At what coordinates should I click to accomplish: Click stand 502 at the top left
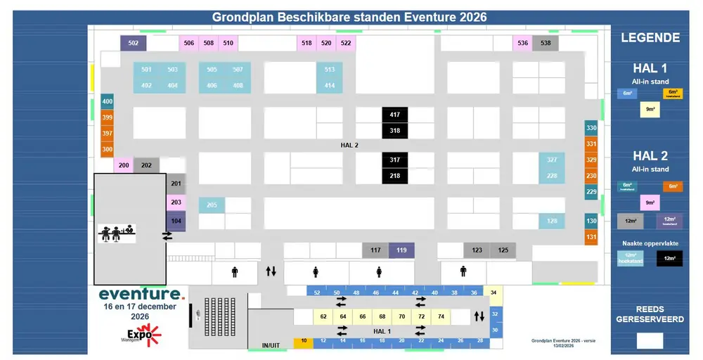click(133, 43)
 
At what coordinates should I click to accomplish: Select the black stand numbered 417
click(394, 115)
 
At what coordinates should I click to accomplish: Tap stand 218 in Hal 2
click(394, 176)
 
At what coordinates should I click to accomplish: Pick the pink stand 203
click(176, 202)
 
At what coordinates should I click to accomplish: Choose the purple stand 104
click(176, 221)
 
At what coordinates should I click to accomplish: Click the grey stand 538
click(546, 43)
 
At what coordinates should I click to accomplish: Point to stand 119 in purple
click(401, 250)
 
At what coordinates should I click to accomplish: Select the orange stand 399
click(107, 117)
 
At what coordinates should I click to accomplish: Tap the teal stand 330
click(591, 128)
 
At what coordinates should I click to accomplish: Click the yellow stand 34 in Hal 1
click(494, 292)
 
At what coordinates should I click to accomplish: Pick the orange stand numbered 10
click(303, 341)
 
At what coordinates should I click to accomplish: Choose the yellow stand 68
click(382, 317)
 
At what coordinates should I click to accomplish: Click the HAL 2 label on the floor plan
click(349, 145)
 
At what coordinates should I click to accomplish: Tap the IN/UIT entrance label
click(271, 346)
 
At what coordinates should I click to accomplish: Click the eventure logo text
click(141, 293)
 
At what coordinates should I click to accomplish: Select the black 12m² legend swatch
click(669, 259)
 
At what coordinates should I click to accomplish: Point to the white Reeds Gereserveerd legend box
click(650, 340)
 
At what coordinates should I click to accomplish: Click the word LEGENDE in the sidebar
click(650, 38)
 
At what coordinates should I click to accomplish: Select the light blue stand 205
click(211, 205)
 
